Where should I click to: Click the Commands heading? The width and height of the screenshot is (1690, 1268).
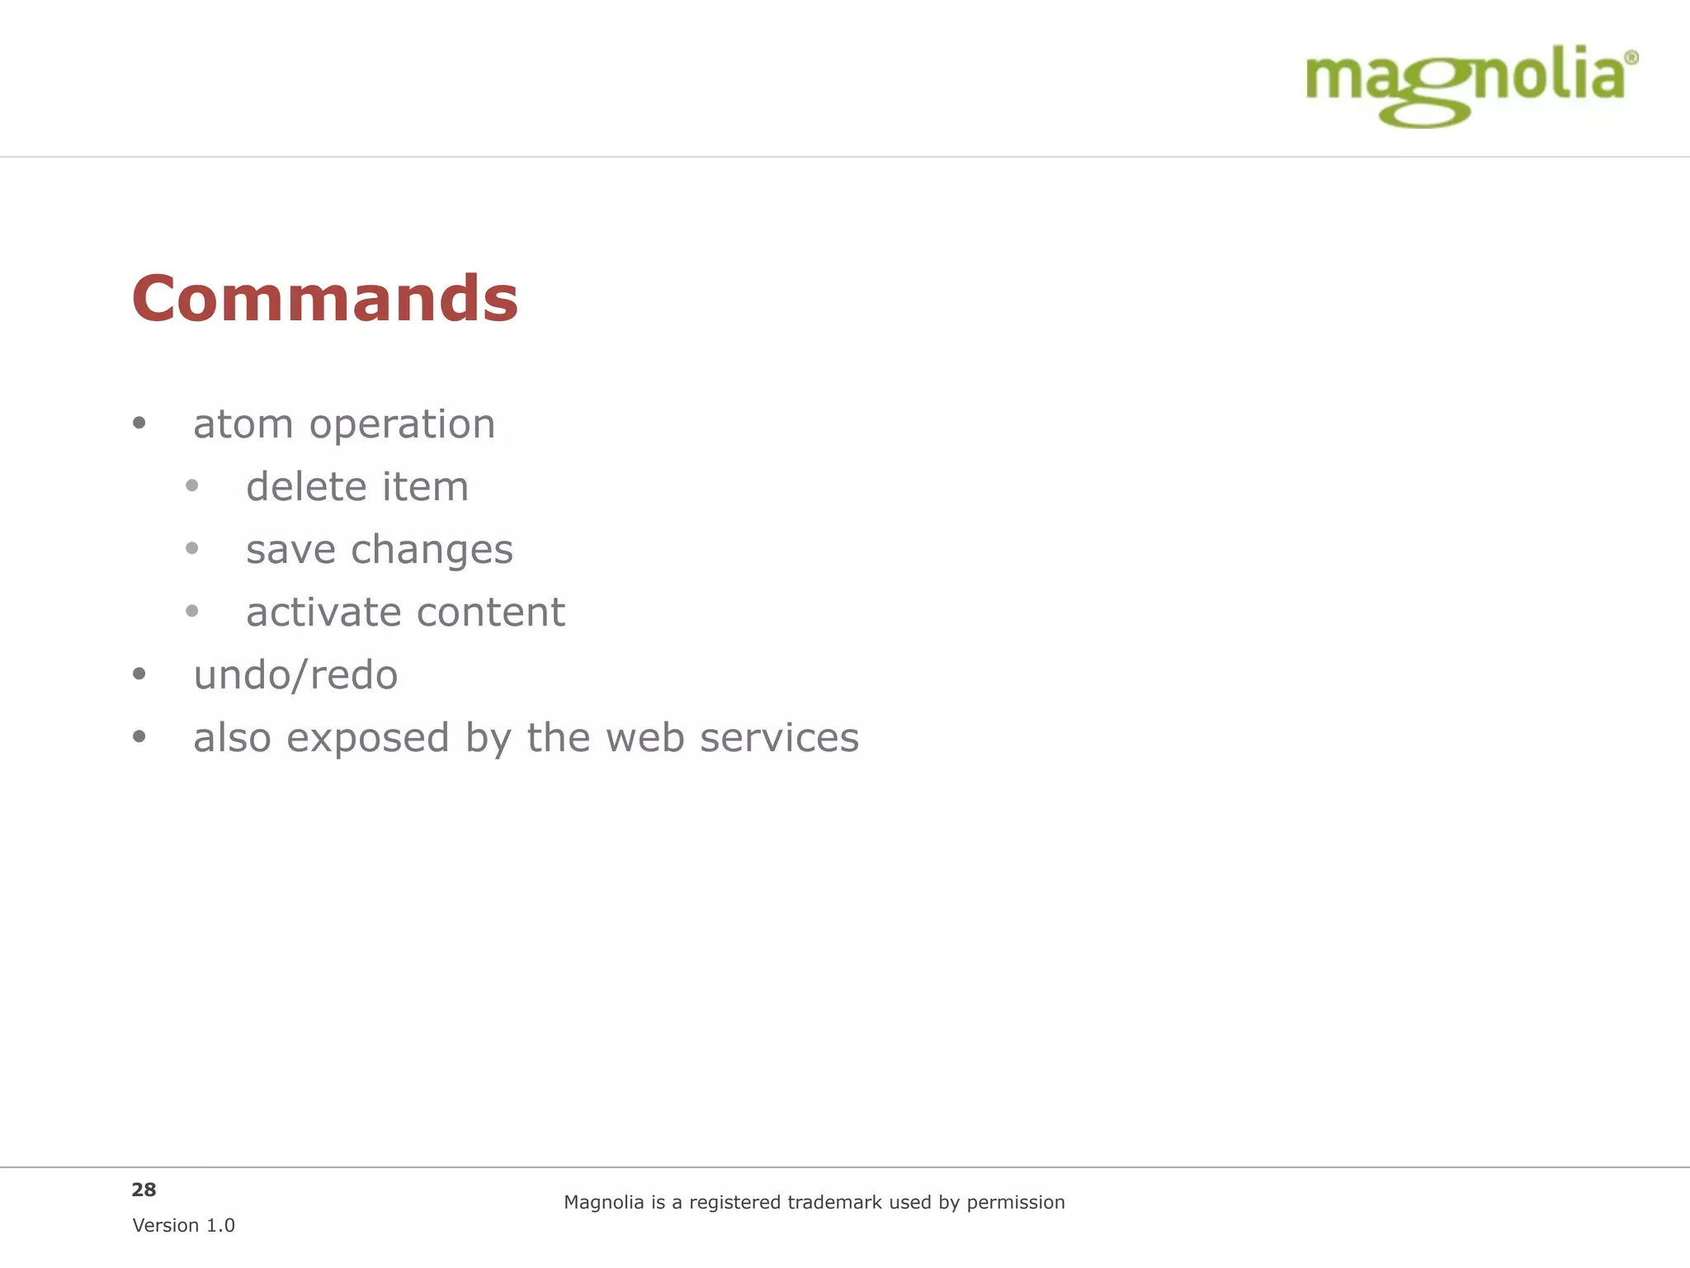click(x=325, y=299)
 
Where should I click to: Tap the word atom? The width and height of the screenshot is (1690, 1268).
click(x=243, y=424)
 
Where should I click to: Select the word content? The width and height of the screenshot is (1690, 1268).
click(x=491, y=613)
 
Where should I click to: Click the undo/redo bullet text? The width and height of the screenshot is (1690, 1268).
click(x=295, y=675)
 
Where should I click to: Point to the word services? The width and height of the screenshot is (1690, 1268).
click(x=779, y=738)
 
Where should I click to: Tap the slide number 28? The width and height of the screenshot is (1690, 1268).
click(x=144, y=1190)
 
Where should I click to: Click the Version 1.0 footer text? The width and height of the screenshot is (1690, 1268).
click(x=183, y=1226)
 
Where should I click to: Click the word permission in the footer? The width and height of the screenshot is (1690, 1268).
click(x=1015, y=1204)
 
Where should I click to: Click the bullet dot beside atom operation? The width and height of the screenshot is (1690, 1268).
click(x=139, y=423)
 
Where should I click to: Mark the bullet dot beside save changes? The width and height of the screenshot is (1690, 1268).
click(x=192, y=548)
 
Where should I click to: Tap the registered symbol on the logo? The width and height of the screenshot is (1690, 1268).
click(x=1631, y=58)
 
